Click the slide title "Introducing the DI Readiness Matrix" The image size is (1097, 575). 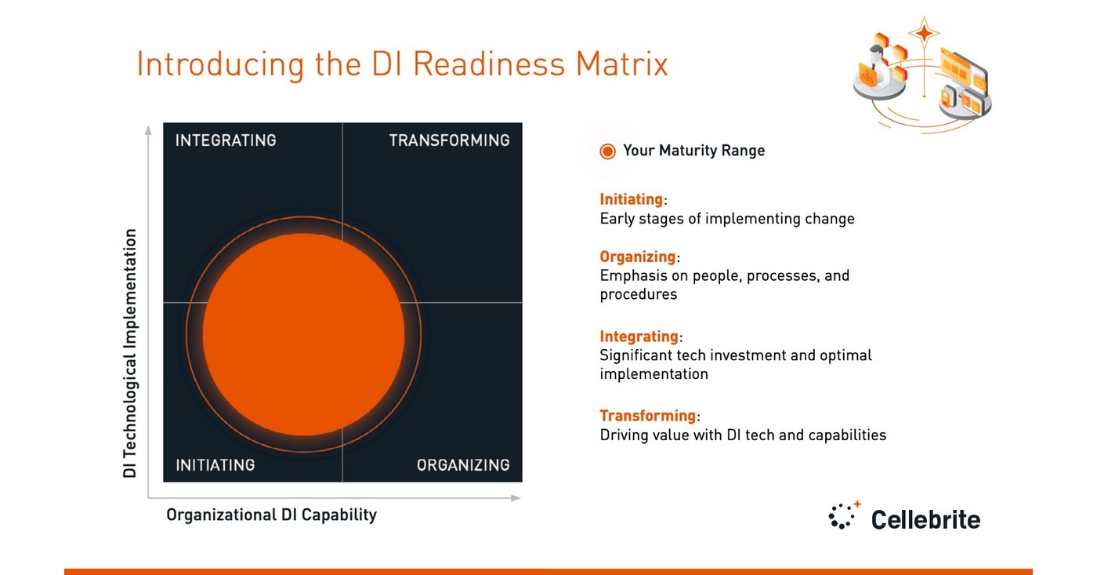[x=402, y=64]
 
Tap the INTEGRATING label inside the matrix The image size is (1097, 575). [x=226, y=140]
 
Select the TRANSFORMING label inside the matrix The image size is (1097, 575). [x=449, y=140]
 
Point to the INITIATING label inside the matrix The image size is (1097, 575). [x=215, y=465]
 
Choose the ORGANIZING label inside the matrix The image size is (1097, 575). [x=462, y=465]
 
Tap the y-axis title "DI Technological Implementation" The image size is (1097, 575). [x=130, y=353]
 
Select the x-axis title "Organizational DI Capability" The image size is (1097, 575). [x=271, y=515]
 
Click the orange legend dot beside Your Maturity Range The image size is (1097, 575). [x=607, y=151]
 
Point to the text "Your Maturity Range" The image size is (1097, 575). [x=693, y=151]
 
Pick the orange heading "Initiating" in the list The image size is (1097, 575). [x=632, y=199]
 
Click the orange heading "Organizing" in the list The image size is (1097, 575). [x=638, y=257]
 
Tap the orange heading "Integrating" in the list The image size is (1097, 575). [x=639, y=337]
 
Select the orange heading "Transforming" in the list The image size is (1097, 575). [x=648, y=416]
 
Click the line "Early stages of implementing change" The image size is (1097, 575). [x=726, y=219]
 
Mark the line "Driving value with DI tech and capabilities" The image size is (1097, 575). [x=743, y=435]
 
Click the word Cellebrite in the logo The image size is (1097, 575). [x=925, y=519]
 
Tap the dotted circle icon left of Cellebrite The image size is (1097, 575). [x=843, y=516]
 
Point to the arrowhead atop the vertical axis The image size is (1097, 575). [x=148, y=130]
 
